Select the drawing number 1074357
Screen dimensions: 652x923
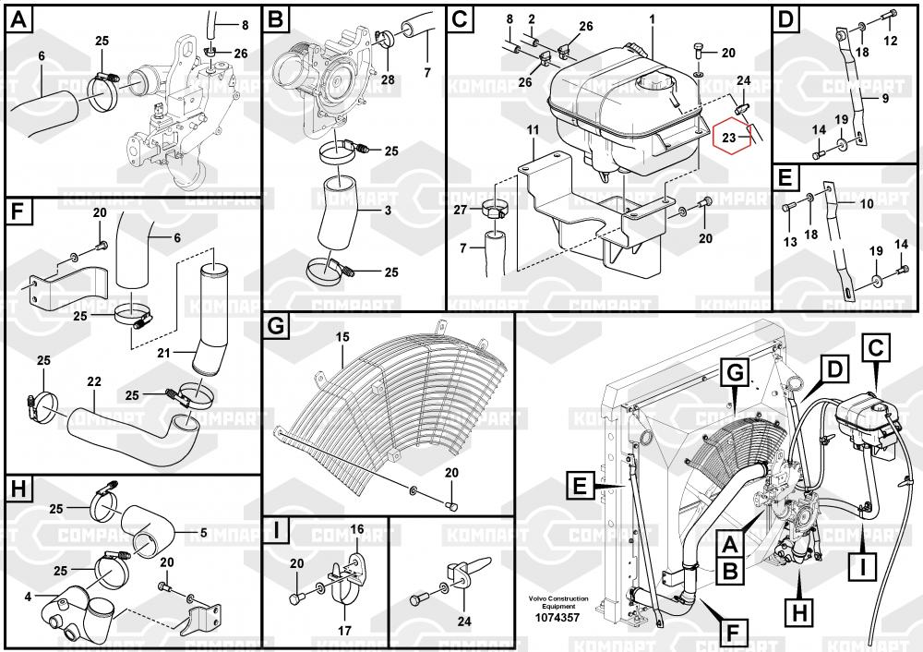[557, 618]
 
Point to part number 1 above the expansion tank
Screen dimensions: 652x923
[652, 19]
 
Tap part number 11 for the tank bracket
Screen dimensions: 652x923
[533, 133]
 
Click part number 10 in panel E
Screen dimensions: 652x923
[866, 202]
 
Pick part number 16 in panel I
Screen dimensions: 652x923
[357, 528]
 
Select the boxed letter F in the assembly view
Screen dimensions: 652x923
[732, 634]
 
